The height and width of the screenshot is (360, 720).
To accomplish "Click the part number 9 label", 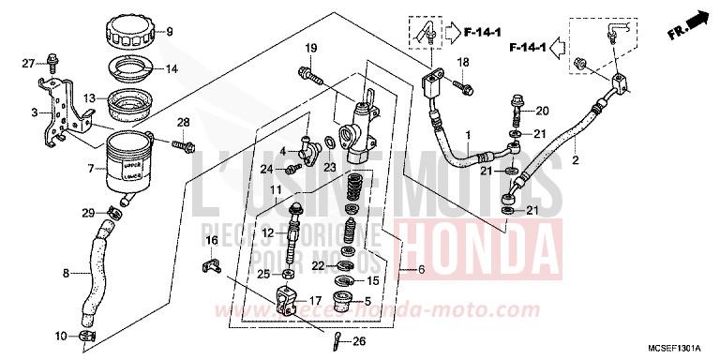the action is pos(170,32).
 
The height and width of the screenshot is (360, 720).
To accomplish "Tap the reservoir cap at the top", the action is pos(133,33).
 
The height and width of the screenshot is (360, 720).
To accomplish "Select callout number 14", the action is pos(172,69).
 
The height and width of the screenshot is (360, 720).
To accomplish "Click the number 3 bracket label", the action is pos(35,113).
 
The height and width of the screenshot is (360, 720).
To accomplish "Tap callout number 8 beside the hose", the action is pos(65,274).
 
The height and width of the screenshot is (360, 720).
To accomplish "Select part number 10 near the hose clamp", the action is pos(61,335).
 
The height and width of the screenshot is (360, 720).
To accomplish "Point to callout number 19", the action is pos(310,49).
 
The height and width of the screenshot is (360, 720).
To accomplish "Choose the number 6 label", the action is pos(421,270).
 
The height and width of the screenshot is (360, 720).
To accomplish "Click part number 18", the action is pos(461,62).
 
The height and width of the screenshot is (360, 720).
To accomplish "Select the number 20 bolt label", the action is pos(542,111).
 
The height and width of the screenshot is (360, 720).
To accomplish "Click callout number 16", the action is pos(211,241).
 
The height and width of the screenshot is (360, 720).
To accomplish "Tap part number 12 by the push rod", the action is pos(267,232).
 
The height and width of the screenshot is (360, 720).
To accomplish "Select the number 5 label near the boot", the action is pos(380,302).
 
